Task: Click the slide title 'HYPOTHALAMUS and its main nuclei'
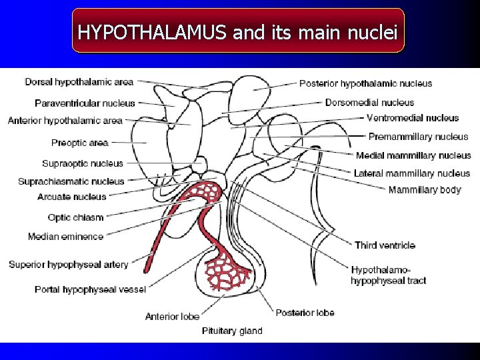point(238,31)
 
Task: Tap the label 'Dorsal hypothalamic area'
point(79,82)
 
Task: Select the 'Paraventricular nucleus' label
point(85,103)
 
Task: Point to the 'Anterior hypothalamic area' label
point(65,121)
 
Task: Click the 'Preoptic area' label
point(79,143)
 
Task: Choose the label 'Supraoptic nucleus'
point(83,163)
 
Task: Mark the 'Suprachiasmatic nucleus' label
point(71,181)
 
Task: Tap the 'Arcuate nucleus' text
point(72,197)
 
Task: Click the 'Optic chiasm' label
point(75,217)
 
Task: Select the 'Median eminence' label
point(66,237)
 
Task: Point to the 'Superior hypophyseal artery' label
point(68,265)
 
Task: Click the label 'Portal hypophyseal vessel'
point(90,289)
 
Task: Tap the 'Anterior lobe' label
point(172,316)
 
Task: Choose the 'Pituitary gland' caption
point(232,331)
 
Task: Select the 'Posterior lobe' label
point(305,313)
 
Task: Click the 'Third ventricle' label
point(385,245)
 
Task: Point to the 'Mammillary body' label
point(425,190)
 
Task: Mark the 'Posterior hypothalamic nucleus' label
point(365,83)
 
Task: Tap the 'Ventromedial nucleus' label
point(413,118)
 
